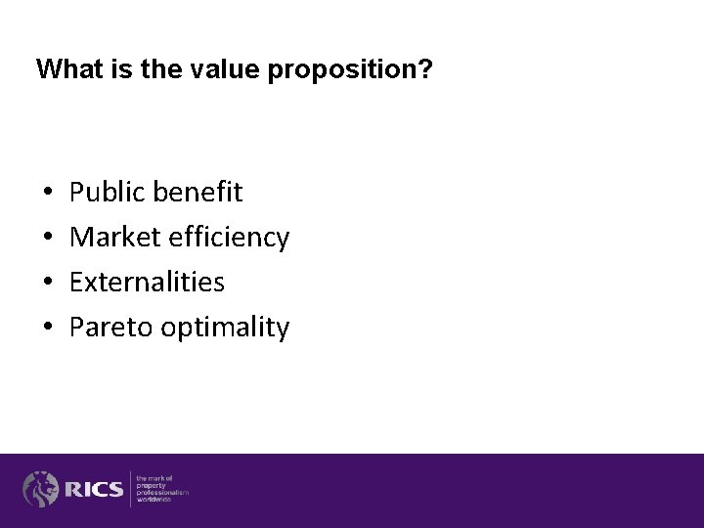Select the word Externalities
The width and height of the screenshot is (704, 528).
(x=148, y=283)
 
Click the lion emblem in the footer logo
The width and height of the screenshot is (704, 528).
(x=41, y=488)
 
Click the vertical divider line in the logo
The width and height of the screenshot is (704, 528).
(x=130, y=488)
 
